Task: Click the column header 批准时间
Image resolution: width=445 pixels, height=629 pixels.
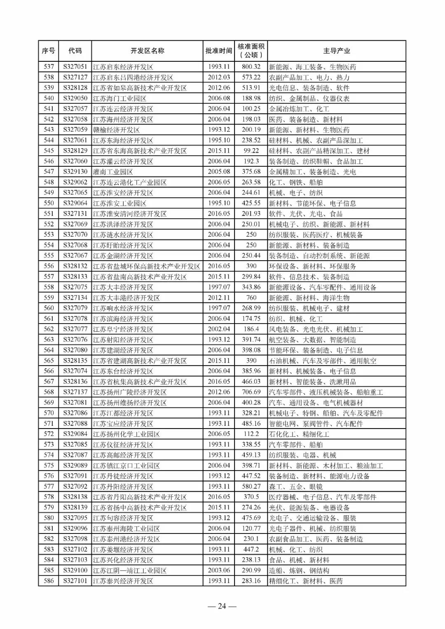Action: [219, 51]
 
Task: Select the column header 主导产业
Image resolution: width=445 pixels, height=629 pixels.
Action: [336, 51]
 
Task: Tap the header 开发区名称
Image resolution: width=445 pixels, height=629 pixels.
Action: [147, 51]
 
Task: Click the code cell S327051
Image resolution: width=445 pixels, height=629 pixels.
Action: [75, 67]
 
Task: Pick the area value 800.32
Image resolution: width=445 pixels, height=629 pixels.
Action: [251, 67]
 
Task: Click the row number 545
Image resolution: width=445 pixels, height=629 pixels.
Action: [49, 151]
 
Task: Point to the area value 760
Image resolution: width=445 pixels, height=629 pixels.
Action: [251, 298]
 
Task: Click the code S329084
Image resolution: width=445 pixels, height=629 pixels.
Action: [75, 434]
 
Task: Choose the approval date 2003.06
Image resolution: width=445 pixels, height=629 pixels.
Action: [219, 571]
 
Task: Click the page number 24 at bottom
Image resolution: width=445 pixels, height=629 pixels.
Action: [222, 606]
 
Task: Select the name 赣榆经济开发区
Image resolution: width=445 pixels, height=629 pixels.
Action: [116, 130]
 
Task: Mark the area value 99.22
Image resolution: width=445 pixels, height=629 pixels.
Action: [251, 151]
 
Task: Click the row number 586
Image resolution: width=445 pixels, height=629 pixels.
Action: [49, 581]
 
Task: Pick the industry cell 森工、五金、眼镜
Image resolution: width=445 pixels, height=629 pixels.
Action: [295, 487]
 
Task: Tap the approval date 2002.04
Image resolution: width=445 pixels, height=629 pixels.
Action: [219, 329]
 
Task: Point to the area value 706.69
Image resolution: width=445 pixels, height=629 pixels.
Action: [251, 392]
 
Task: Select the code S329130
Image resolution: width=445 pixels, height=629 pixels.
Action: [75, 172]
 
